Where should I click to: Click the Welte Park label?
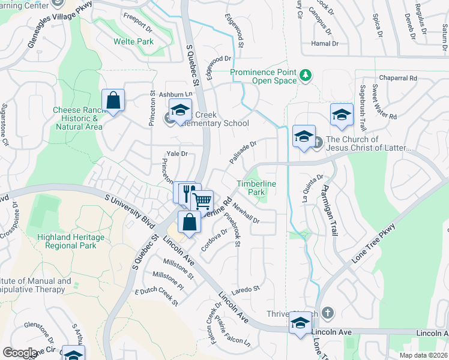click(x=134, y=41)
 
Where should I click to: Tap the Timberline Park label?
click(x=251, y=187)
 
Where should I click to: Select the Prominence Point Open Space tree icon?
click(x=306, y=74)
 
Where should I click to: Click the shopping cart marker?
click(x=202, y=201)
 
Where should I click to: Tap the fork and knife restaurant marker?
click(x=187, y=193)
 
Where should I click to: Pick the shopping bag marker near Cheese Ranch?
click(x=113, y=101)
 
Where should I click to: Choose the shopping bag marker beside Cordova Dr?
click(x=190, y=222)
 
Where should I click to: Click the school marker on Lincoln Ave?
click(x=300, y=323)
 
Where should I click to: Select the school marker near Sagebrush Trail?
click(x=342, y=115)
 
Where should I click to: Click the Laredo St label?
click(x=247, y=289)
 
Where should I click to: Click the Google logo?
click(x=20, y=353)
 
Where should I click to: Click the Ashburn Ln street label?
click(x=175, y=95)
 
